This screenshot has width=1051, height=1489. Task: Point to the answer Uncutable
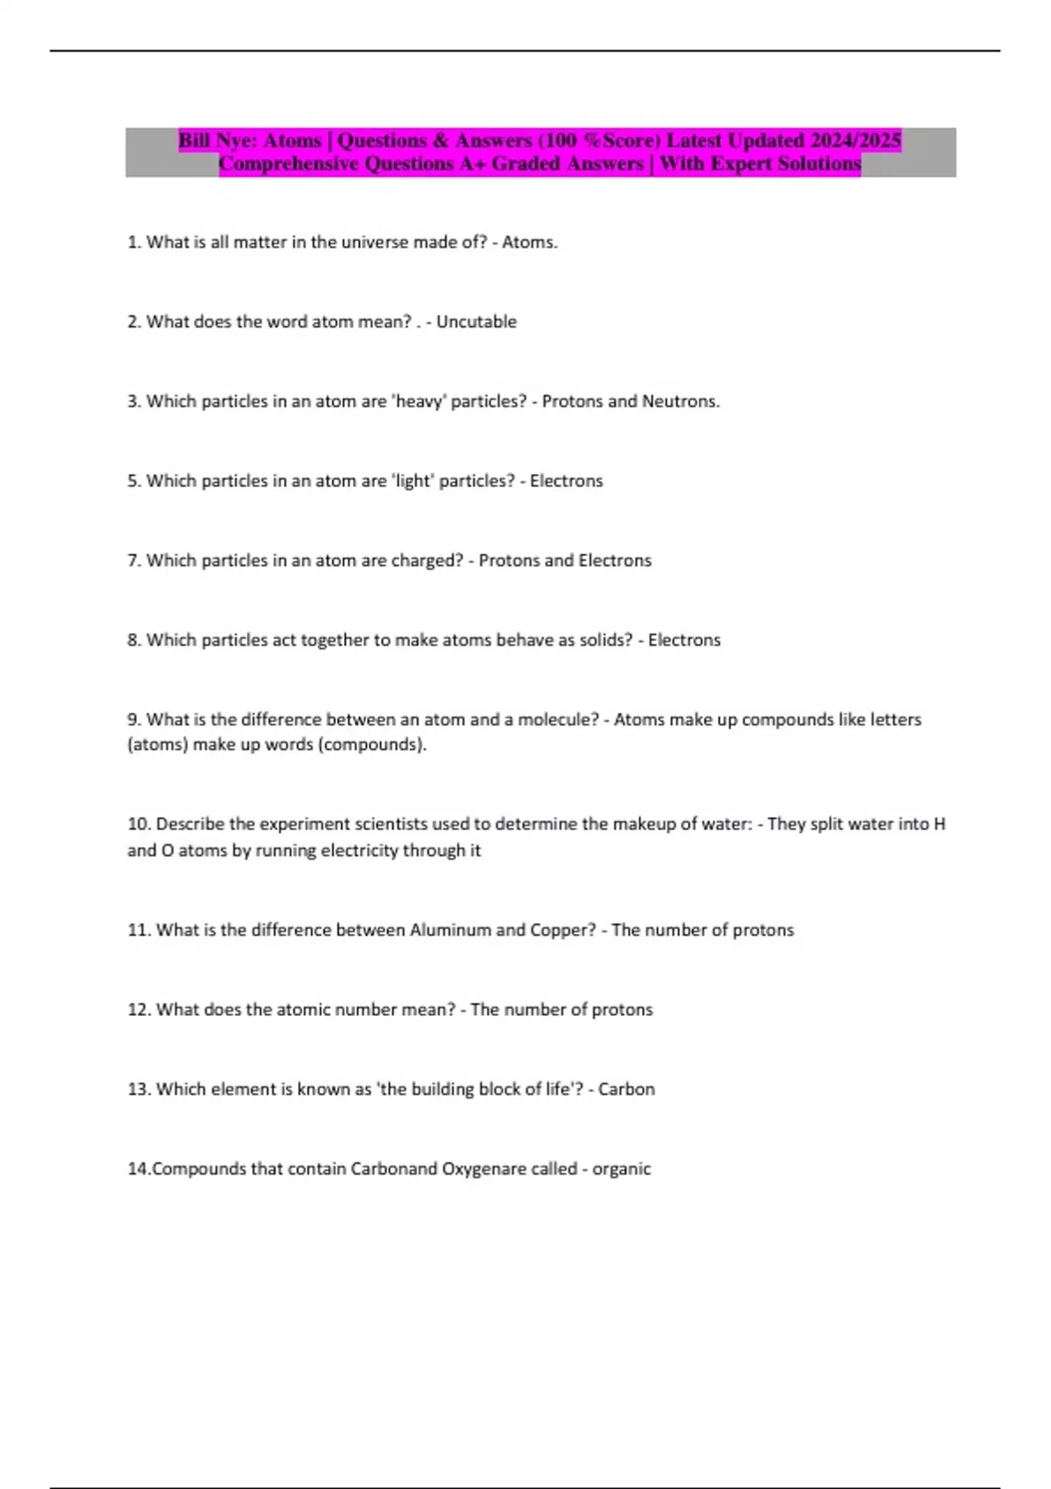pyautogui.click(x=476, y=322)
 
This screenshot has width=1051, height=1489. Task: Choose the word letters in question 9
pyautogui.click(x=883, y=720)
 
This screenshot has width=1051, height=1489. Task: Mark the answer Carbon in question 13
pyautogui.click(x=626, y=1090)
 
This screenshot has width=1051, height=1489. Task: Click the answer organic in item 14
pyautogui.click(x=621, y=1169)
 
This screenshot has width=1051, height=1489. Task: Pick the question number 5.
pyautogui.click(x=134, y=481)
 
